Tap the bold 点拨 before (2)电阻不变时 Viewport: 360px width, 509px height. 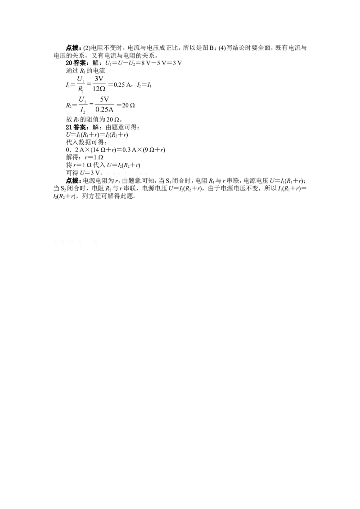[73, 48]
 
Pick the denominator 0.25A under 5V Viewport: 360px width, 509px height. [104, 109]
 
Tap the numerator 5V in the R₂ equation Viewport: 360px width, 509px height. [104, 100]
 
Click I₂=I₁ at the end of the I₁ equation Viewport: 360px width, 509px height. [144, 85]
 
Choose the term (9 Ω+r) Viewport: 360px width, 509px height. [154, 150]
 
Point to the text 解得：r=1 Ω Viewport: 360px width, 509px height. [85, 157]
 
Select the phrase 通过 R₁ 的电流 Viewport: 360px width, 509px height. [85, 71]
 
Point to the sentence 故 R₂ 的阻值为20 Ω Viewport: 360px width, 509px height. [94, 120]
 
